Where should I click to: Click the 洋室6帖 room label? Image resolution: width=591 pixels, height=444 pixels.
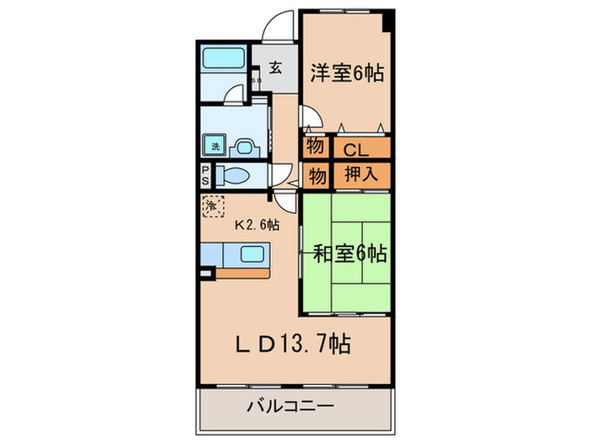point(347,73)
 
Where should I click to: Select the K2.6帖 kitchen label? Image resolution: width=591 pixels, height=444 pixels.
point(257,225)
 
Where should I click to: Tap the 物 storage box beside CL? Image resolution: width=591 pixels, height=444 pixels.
point(314,146)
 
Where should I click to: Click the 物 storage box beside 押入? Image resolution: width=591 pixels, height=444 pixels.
point(316,176)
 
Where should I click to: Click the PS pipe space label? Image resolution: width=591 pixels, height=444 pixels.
point(205,175)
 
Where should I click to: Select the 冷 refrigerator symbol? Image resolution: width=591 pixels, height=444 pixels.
point(211,206)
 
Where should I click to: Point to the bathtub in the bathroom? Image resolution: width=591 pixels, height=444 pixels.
point(223,61)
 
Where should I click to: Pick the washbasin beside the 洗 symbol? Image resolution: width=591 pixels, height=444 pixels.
point(246,145)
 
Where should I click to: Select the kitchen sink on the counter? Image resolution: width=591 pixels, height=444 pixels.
point(252,253)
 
